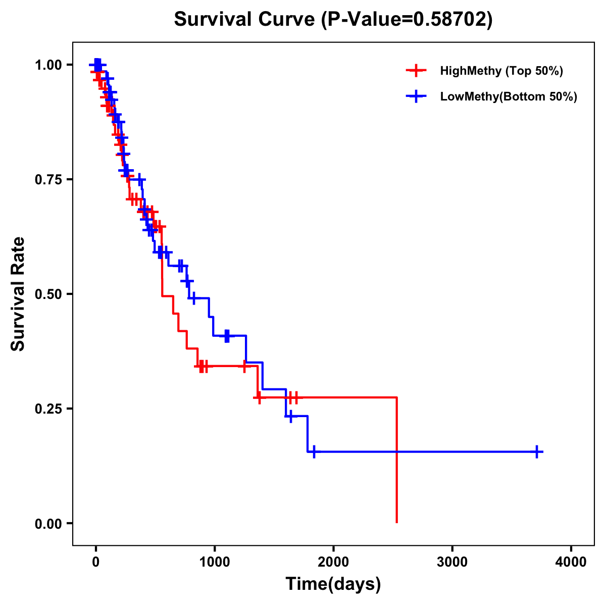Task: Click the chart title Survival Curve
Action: (x=245, y=20)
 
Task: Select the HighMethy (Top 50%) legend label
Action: (x=501, y=71)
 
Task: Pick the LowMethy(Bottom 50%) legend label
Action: (x=508, y=96)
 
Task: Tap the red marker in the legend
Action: (x=416, y=71)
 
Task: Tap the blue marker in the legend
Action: (x=416, y=96)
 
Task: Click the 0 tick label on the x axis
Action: (x=95, y=562)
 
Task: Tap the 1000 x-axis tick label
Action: (x=214, y=562)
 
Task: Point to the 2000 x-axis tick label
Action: (x=333, y=562)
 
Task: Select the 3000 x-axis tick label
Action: (x=452, y=562)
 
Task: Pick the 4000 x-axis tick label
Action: (x=571, y=562)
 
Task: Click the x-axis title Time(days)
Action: (x=333, y=584)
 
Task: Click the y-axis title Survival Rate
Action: (x=18, y=294)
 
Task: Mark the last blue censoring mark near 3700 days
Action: (x=538, y=452)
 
